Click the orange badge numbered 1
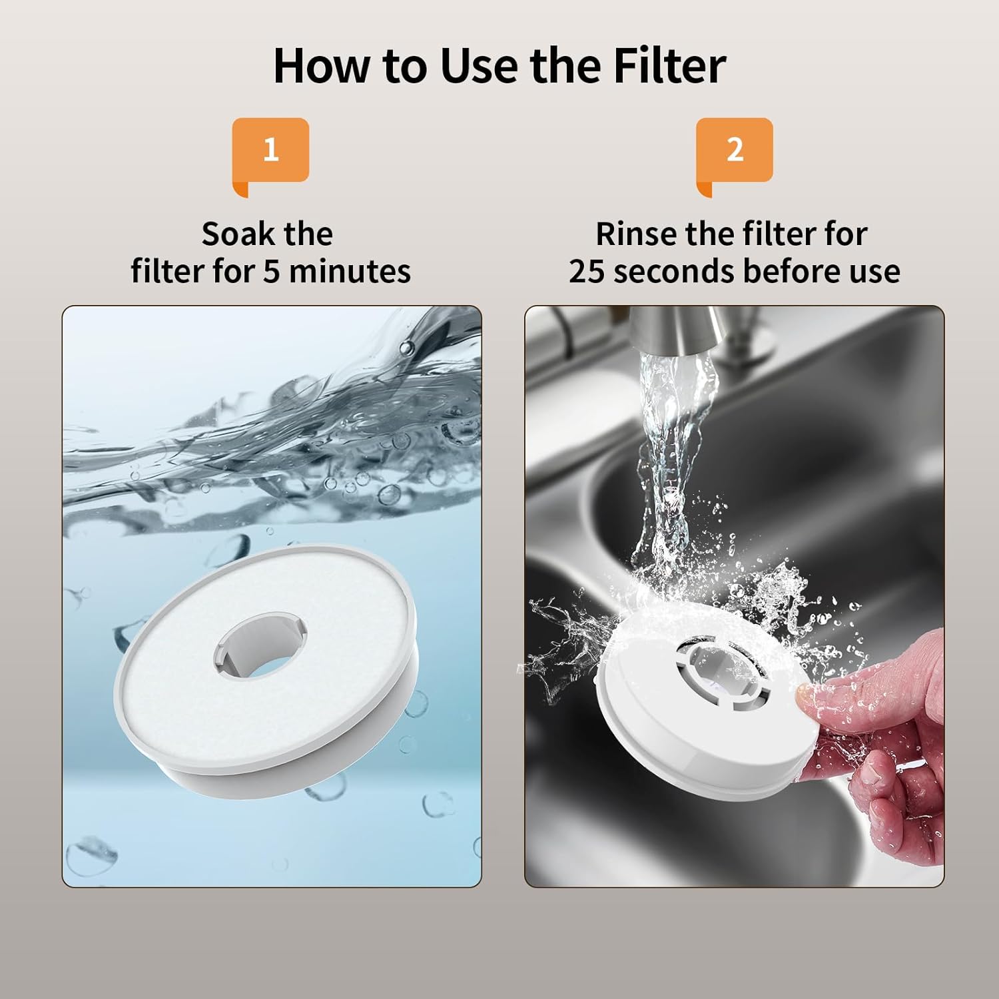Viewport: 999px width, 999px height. tap(270, 150)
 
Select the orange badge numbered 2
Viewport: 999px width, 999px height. tap(735, 150)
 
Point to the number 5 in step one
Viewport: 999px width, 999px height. tap(272, 272)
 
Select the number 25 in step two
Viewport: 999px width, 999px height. tap(586, 272)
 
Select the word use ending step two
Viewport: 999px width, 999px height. tap(872, 272)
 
